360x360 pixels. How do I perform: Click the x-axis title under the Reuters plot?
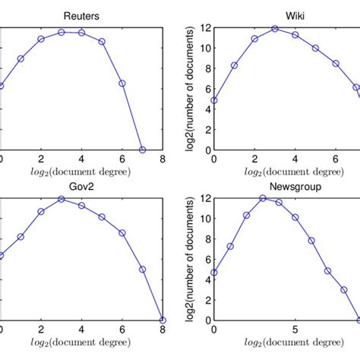pos(81,173)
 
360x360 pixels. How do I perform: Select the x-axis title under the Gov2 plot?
pos(81,343)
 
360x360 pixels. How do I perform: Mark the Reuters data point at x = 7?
pos(142,150)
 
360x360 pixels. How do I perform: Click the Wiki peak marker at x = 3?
pos(275,29)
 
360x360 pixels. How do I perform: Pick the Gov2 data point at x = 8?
pos(163,320)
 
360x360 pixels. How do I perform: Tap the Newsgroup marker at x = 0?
pos(214,272)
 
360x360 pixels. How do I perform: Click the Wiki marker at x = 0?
pos(214,100)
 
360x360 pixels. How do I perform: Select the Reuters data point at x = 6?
pos(122,83)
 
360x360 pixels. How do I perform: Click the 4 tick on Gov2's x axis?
pos(81,330)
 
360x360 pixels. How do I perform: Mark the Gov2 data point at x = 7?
pos(142,269)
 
